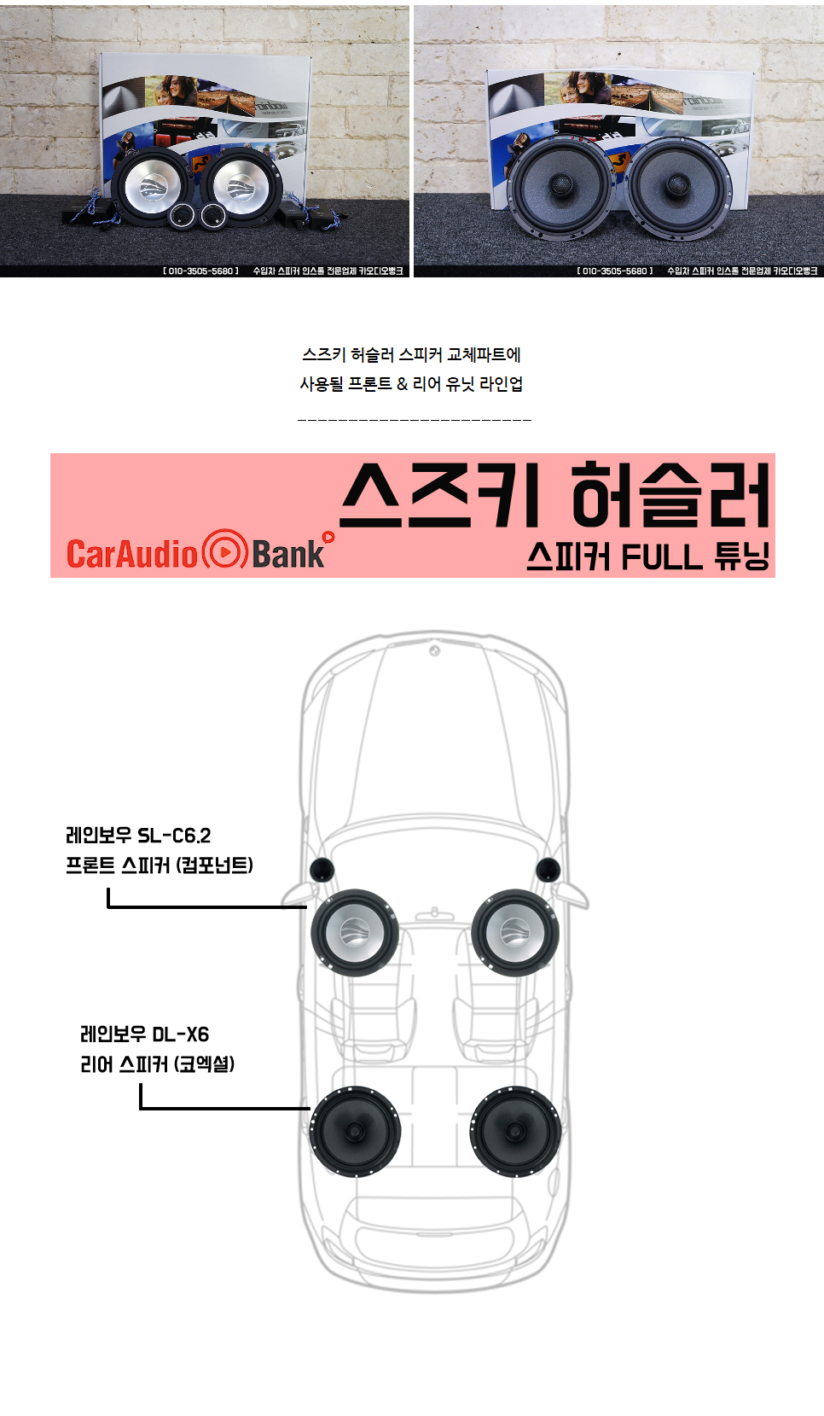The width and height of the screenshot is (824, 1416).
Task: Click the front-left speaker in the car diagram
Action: point(354,932)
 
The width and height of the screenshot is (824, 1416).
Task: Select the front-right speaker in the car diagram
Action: point(514,932)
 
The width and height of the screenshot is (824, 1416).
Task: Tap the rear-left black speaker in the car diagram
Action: point(355,1131)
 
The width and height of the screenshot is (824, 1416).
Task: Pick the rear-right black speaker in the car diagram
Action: point(515,1131)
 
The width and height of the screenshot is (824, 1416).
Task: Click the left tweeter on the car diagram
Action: point(322,870)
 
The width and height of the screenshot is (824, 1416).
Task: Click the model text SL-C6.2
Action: point(174,836)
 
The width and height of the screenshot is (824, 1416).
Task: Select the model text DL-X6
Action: point(180,1034)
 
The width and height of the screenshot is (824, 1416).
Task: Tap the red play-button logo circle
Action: point(225,551)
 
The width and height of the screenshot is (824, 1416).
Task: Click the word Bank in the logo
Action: point(288,554)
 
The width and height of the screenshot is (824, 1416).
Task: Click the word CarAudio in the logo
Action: point(132,554)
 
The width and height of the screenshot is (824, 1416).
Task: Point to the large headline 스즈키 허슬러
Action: point(554,495)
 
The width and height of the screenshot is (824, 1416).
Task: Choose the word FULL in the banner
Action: point(661,557)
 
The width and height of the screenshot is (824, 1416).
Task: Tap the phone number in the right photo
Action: point(614,271)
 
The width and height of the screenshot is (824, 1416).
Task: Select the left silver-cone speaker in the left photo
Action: point(154,186)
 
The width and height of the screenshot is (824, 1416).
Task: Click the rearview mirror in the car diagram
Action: point(434,912)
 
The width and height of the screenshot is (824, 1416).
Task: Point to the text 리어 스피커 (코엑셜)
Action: point(158,1064)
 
